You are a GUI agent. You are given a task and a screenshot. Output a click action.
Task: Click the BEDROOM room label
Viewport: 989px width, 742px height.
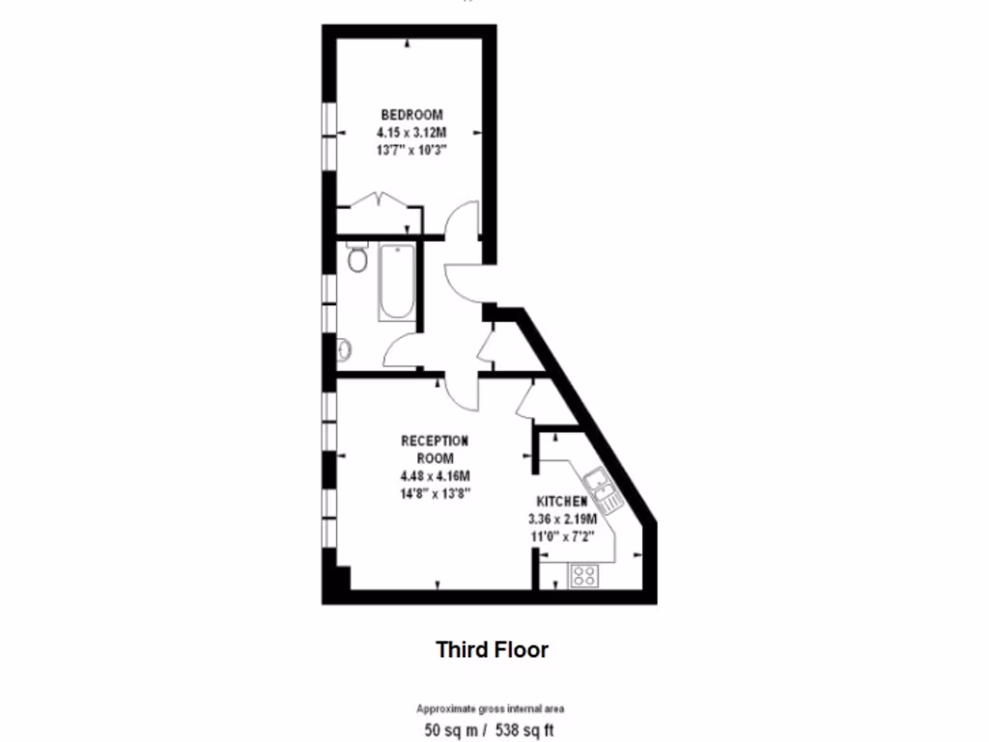[411, 114]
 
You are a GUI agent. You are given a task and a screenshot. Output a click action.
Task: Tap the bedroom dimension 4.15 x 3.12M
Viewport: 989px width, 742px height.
[411, 132]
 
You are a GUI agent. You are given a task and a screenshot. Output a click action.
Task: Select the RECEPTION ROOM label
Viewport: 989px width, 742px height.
[435, 449]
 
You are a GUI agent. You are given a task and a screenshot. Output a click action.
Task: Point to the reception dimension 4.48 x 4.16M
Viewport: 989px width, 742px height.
[435, 476]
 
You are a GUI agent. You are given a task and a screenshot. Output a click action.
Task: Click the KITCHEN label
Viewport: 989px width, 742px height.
[561, 501]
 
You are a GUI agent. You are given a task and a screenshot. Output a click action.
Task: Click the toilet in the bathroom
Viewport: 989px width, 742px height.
[357, 258]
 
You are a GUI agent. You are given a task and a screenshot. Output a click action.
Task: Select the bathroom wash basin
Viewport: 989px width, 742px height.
[344, 349]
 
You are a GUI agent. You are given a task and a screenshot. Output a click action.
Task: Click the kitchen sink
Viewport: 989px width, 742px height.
[602, 490]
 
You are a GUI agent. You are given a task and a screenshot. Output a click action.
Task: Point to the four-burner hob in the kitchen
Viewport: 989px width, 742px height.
[582, 576]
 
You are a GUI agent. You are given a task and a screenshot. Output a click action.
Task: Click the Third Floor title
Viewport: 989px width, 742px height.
[492, 649]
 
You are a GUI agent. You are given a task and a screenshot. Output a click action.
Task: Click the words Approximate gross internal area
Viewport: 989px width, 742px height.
[491, 708]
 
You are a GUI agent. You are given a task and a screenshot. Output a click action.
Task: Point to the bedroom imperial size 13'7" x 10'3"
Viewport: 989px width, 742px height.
[411, 151]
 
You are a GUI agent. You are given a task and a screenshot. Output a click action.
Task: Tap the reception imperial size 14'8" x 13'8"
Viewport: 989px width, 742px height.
[435, 494]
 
